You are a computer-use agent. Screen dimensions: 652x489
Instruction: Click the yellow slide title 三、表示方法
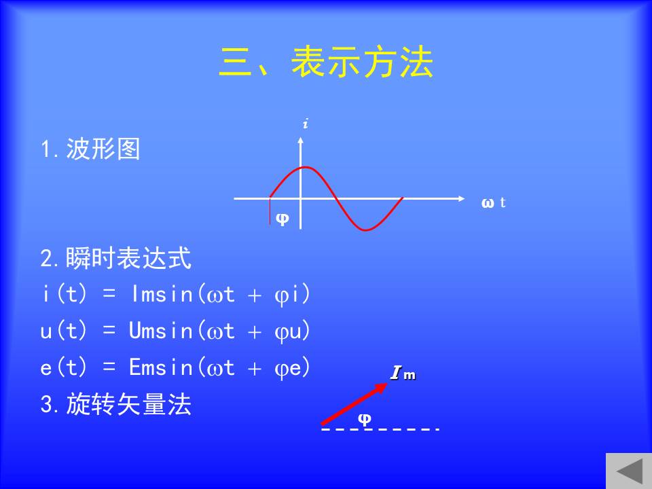327,62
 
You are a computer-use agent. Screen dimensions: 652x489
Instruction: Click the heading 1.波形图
90,149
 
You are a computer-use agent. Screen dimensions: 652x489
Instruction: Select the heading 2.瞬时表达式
116,258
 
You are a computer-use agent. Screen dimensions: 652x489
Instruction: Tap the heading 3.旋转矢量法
116,403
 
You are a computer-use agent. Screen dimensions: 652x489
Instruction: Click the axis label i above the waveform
306,124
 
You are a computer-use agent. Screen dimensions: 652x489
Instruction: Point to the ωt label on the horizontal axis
493,202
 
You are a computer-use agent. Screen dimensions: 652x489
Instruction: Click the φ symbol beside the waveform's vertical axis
283,218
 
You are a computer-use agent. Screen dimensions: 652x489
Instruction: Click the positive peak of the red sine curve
306,168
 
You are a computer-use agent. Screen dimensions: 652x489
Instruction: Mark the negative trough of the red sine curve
365,229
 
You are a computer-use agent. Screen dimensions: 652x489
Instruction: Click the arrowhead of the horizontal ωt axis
462,199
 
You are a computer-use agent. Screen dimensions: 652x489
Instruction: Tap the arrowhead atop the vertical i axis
301,141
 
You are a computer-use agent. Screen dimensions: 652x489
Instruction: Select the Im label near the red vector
403,373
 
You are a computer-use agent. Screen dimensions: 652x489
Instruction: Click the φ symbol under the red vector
365,419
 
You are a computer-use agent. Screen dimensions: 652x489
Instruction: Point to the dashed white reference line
380,429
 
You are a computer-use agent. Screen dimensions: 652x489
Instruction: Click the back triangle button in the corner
630,471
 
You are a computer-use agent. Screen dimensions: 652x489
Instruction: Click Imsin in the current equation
162,294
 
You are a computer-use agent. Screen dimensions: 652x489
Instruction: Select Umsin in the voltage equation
161,331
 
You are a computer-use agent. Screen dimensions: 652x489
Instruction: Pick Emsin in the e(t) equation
162,367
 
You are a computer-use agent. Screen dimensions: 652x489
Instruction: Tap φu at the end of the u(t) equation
288,332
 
